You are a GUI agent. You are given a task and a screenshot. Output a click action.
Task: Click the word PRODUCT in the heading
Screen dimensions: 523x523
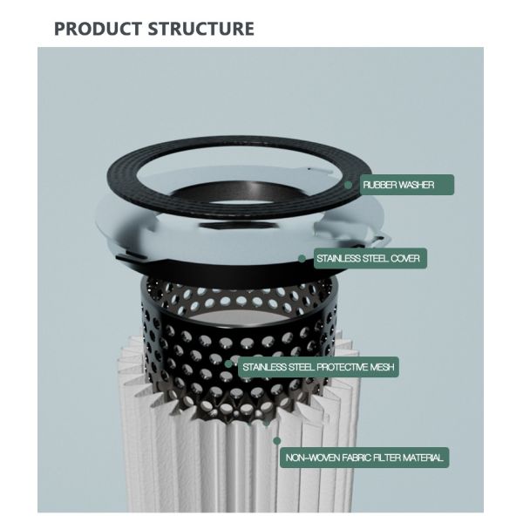pos(98,29)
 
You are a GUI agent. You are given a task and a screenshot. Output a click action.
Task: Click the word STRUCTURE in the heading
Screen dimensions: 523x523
pos(200,29)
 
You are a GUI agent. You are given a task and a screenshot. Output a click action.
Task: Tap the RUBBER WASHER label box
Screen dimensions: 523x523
pos(406,185)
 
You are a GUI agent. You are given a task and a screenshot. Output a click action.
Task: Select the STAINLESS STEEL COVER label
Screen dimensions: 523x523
pos(370,259)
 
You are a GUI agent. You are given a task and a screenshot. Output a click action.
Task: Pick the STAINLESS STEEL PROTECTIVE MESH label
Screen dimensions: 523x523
pos(318,367)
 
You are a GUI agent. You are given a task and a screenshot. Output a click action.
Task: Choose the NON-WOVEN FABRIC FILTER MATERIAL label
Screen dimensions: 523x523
pos(364,458)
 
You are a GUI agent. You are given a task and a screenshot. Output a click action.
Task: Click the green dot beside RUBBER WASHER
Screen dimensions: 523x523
pos(348,185)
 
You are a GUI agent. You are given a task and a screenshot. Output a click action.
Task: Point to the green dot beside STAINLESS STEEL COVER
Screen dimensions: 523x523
pos(302,259)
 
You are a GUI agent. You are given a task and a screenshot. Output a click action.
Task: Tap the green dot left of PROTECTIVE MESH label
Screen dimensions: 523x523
pos(228,363)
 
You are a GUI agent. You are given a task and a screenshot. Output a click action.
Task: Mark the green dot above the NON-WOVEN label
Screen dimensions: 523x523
pos(276,441)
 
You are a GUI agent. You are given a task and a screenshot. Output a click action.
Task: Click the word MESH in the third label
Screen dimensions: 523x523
pos(383,367)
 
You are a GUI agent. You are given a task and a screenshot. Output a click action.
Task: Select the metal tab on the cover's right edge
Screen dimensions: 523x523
pos(380,240)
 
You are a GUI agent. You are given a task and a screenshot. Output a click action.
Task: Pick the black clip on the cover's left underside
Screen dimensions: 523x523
pos(131,256)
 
